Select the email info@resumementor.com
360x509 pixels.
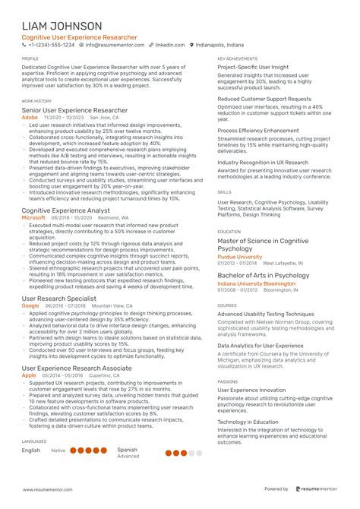coord(115,45)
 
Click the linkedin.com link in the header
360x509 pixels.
coord(170,45)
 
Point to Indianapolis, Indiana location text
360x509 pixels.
coord(226,45)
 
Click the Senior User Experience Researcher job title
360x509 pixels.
coord(74,110)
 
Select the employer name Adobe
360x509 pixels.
coord(30,119)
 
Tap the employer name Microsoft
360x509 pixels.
coord(34,217)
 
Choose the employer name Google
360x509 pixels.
coord(31,305)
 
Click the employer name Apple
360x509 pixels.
coord(29,375)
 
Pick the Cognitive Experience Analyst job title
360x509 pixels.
coord(66,210)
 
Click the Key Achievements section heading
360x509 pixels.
coord(236,58)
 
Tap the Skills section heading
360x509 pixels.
coord(224,193)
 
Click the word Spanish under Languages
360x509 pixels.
coord(128,449)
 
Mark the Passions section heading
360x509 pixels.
coord(227,381)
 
